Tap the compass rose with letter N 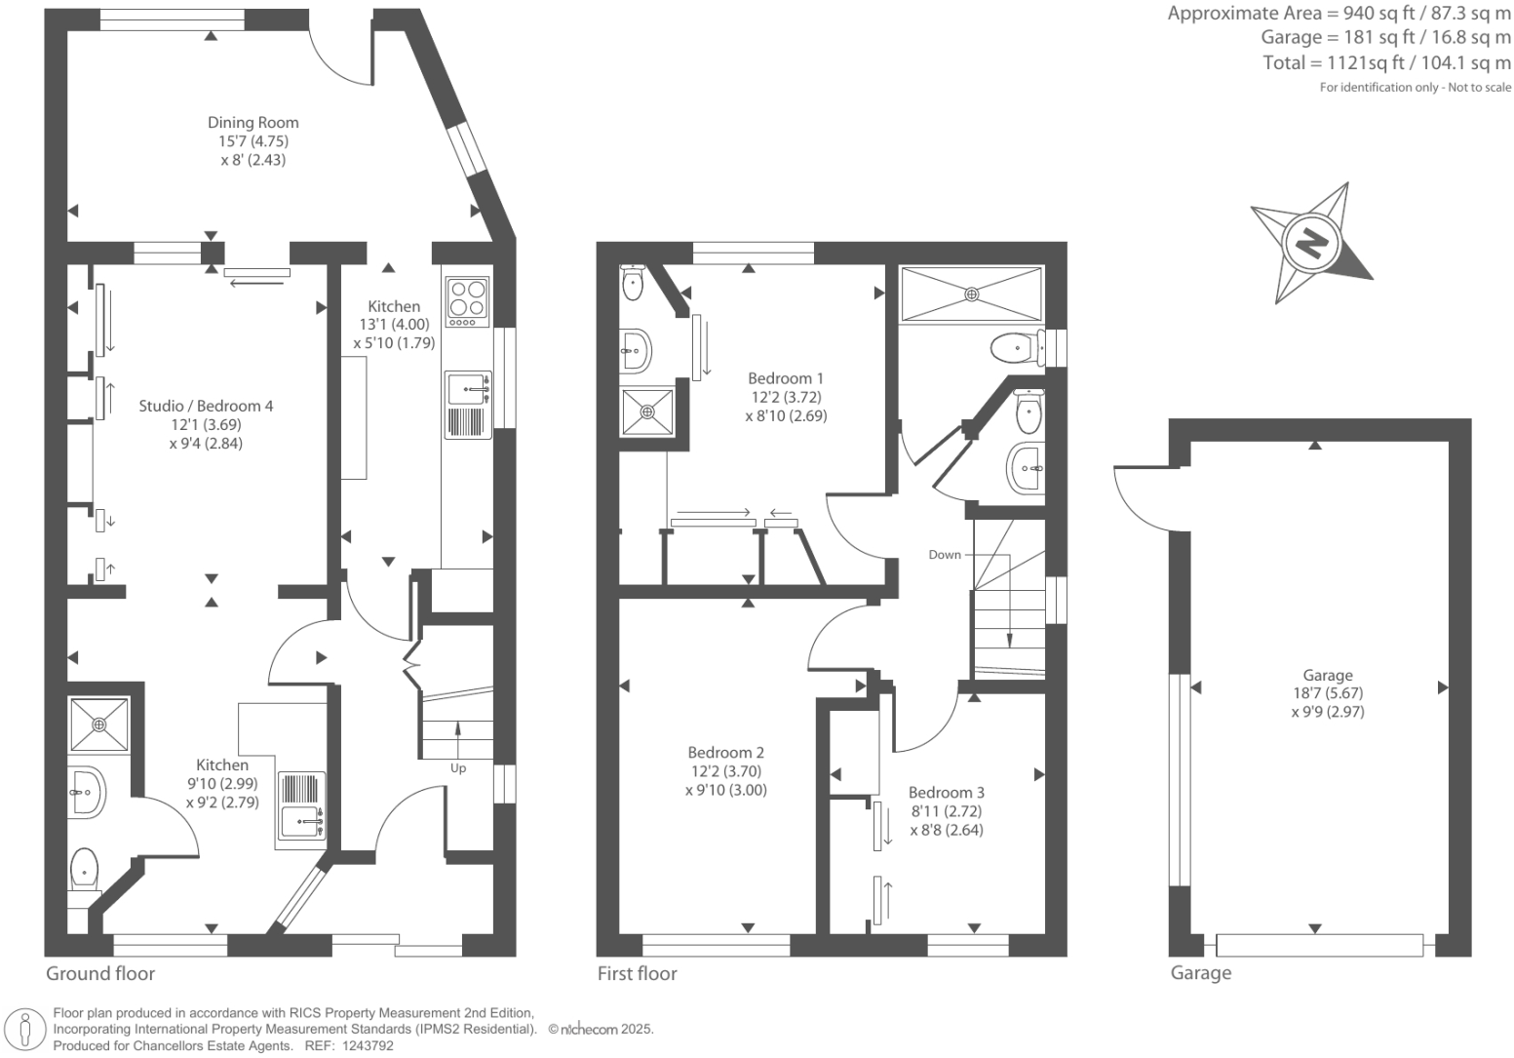(1312, 242)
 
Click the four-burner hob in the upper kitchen (467, 301)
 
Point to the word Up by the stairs (458, 768)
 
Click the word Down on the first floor (944, 555)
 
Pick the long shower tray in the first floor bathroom (970, 293)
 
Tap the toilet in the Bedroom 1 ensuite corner (633, 284)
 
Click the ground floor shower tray (99, 725)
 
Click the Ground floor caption (100, 973)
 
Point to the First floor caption (637, 973)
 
